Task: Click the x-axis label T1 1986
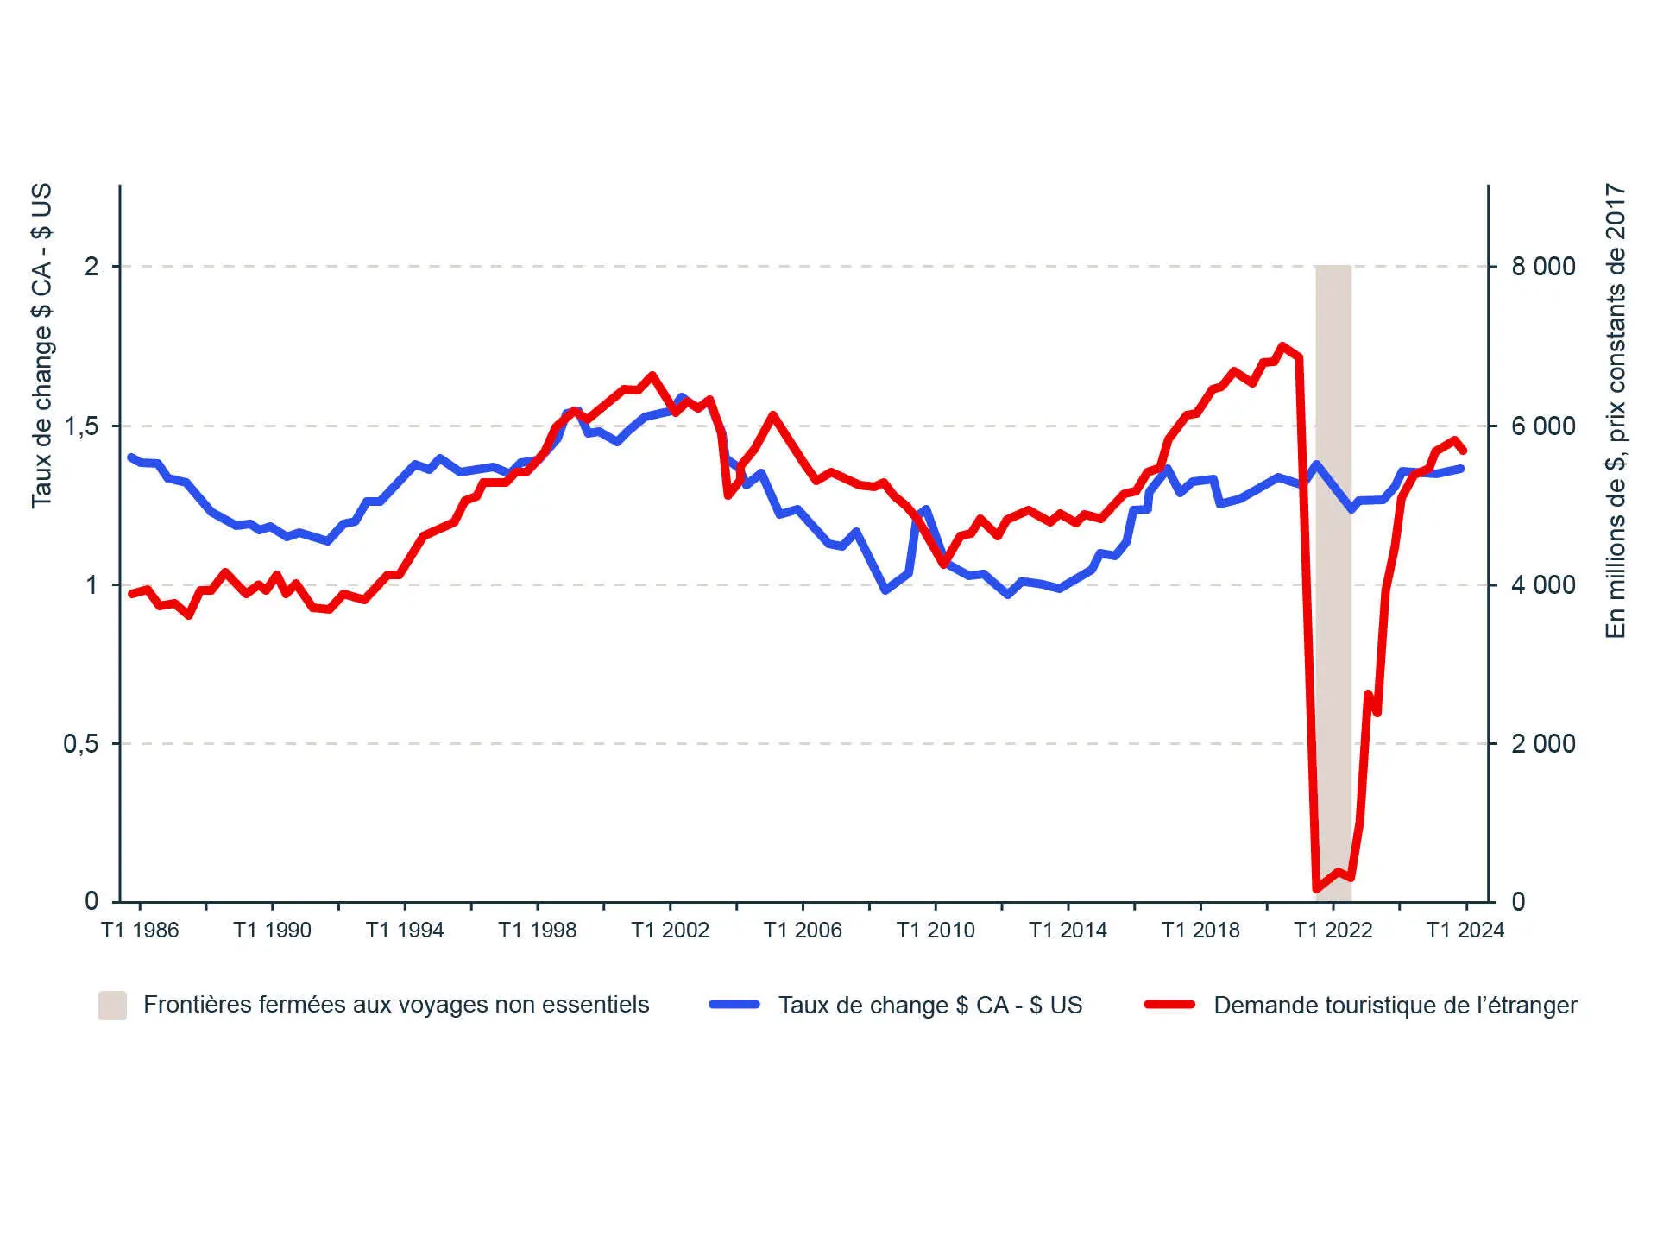coord(140,930)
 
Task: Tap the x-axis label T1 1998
coord(537,930)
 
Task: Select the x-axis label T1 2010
coord(936,930)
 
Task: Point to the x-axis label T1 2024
coord(1465,930)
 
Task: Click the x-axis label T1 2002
coord(670,930)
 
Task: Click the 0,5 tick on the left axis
coord(81,743)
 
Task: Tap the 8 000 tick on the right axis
coord(1543,267)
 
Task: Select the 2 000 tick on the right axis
coord(1543,743)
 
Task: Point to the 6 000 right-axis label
coord(1543,426)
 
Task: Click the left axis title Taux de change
coord(41,345)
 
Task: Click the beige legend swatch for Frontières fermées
coord(112,1006)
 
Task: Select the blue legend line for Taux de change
coord(734,1005)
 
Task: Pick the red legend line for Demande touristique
coord(1170,1005)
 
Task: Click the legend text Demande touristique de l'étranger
coord(1395,1006)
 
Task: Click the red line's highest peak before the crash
coord(1282,346)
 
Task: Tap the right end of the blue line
coord(1461,469)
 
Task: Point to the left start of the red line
coord(131,594)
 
